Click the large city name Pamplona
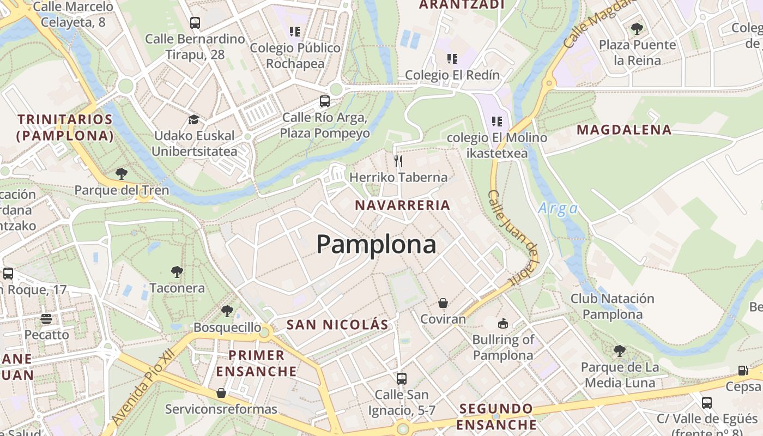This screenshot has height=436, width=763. tap(376, 245)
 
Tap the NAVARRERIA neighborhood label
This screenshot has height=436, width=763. tap(402, 205)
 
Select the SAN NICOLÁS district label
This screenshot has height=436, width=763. tap(337, 325)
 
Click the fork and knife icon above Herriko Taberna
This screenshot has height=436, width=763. tap(398, 161)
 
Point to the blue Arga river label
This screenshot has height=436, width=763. tap(558, 208)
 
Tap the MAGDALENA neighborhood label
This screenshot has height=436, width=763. tap(624, 130)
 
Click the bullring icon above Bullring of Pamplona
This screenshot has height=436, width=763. tap(502, 323)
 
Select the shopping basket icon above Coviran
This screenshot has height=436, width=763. tap(443, 303)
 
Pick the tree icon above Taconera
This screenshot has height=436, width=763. tap(177, 271)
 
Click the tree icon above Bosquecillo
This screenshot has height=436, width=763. tap(227, 311)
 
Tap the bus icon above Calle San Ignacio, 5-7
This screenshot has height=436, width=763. tap(402, 378)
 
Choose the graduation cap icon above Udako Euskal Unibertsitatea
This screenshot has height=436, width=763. tap(193, 119)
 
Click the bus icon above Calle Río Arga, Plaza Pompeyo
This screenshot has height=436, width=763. tap(324, 101)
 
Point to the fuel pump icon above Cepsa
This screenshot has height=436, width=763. tap(742, 371)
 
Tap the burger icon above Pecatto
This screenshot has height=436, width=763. tap(46, 318)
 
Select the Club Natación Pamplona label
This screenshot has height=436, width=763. tap(612, 306)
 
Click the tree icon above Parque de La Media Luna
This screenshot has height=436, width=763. tap(619, 350)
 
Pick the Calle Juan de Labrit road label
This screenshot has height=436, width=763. tap(513, 237)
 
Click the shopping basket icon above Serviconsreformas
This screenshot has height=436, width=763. tap(221, 393)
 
